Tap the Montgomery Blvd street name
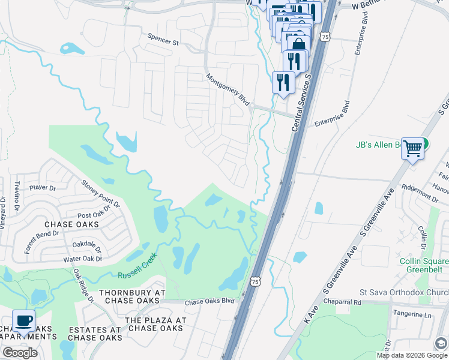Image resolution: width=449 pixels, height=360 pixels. tap(228, 90)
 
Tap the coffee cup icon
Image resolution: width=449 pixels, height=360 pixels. tap(23, 320)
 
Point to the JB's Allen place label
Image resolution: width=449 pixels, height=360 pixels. tap(378, 145)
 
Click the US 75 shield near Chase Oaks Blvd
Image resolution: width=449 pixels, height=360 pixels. tap(256, 281)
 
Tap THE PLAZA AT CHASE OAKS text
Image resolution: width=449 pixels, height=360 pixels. tap(155, 324)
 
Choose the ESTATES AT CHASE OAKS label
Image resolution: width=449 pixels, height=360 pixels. tap(95, 334)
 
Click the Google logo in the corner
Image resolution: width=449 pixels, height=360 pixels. tap(20, 353)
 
